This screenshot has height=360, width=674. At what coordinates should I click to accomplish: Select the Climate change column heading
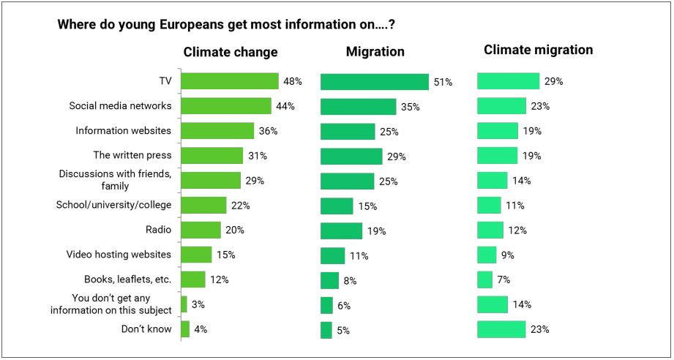click(x=231, y=52)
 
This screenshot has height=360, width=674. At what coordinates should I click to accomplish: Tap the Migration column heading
click(x=375, y=52)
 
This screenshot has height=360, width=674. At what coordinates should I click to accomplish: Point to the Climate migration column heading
click(x=538, y=50)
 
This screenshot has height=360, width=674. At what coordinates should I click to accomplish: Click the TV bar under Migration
click(x=375, y=82)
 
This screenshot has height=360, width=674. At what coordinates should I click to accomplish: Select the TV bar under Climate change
click(x=230, y=81)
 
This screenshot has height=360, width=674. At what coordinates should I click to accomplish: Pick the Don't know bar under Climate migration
click(x=501, y=329)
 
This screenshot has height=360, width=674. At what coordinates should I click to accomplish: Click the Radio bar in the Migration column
click(x=341, y=230)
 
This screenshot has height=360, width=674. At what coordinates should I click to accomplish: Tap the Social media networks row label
click(x=120, y=105)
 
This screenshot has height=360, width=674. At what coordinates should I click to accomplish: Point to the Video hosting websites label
click(x=119, y=255)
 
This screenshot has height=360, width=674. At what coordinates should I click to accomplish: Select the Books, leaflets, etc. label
click(x=127, y=280)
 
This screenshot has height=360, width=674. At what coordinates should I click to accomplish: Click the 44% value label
click(x=285, y=106)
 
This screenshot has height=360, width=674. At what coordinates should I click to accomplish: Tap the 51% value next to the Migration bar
click(x=443, y=82)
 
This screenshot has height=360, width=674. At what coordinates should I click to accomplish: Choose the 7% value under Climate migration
click(x=503, y=280)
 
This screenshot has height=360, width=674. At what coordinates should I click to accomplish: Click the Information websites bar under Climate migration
click(x=498, y=131)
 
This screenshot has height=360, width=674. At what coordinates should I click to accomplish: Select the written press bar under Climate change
click(x=211, y=156)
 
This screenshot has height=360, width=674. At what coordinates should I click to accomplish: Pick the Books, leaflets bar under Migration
click(x=329, y=280)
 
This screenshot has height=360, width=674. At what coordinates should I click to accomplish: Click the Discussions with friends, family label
click(x=114, y=180)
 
